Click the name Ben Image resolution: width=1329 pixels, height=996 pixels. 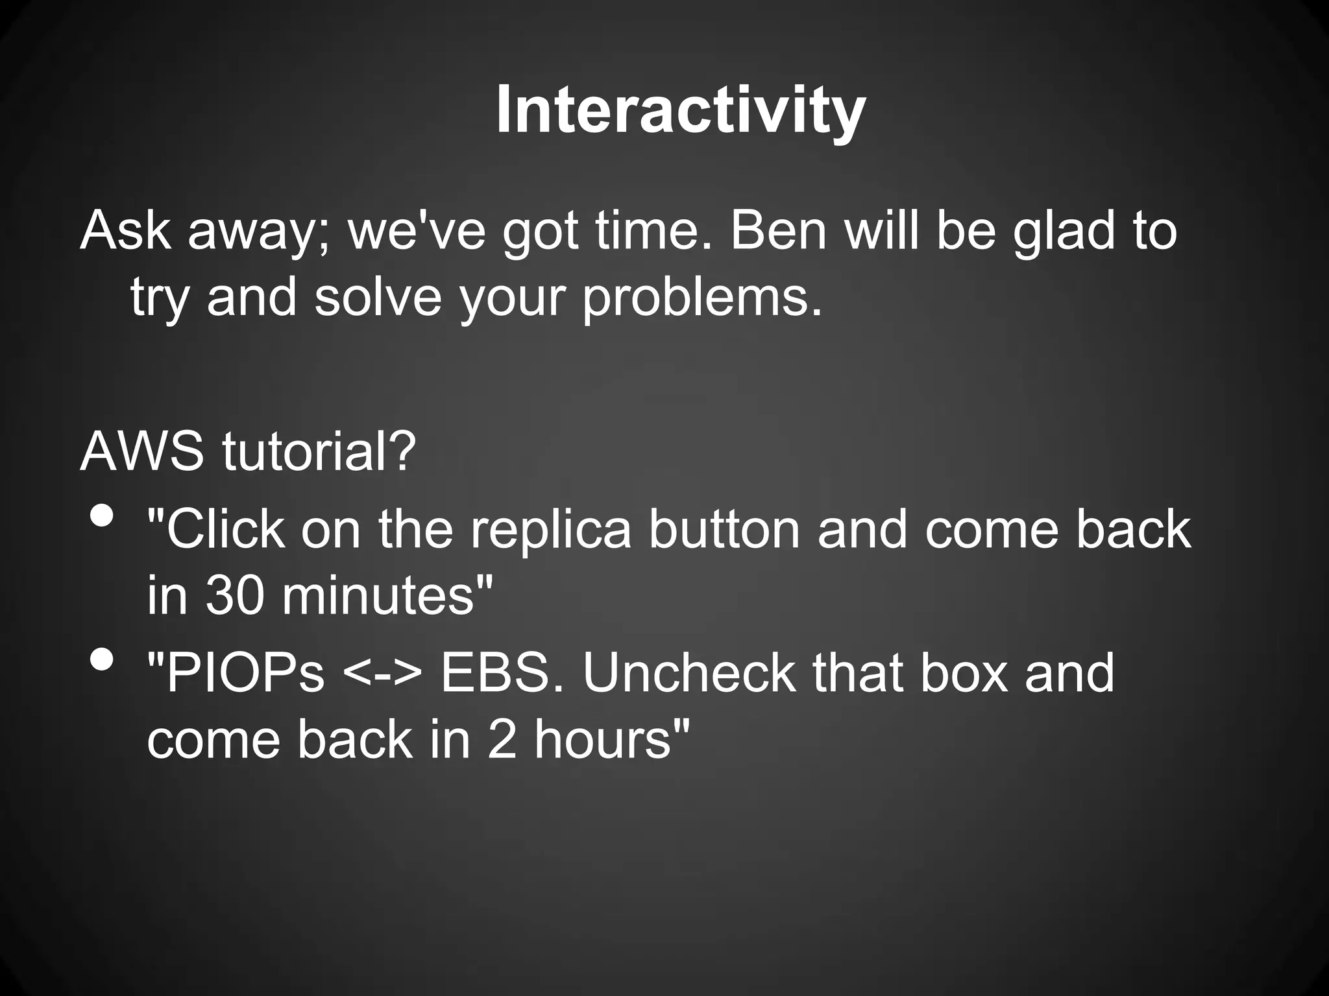(x=779, y=231)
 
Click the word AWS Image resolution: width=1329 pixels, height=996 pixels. (x=142, y=451)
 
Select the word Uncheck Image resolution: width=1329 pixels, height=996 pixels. (x=689, y=674)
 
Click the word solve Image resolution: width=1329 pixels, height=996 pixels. (x=378, y=298)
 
